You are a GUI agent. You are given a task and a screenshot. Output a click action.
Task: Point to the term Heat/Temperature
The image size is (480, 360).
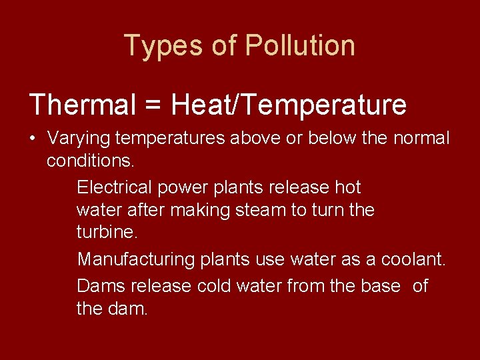point(288,105)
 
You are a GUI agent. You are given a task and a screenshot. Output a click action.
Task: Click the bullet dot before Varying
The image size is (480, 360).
point(33,139)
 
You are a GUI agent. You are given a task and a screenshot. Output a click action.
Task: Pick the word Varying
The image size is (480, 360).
point(79,139)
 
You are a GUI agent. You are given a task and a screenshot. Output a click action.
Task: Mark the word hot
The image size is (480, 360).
point(347,187)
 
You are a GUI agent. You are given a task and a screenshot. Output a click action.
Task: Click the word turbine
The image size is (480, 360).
point(107,233)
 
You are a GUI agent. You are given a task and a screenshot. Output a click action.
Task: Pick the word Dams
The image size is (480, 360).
point(101,286)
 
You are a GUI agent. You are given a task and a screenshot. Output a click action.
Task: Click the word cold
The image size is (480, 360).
point(212,286)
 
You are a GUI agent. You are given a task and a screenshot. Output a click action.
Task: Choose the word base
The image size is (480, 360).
point(381,286)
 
